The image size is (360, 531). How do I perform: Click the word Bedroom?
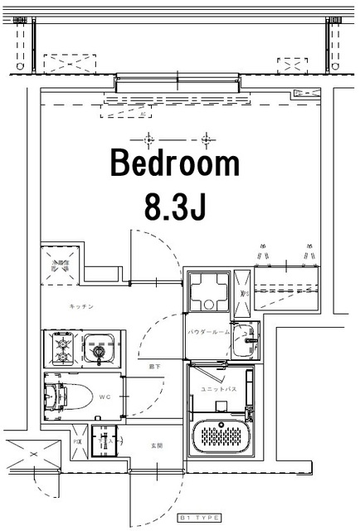click(x=175, y=163)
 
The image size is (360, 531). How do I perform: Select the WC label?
click(x=105, y=397)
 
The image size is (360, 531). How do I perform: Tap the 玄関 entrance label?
click(x=155, y=445)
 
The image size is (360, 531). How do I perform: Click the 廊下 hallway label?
click(x=154, y=366)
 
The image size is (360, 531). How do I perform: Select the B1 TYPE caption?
click(x=200, y=518)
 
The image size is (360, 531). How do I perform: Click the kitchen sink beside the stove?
click(x=100, y=348)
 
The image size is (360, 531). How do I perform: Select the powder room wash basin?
click(x=246, y=337)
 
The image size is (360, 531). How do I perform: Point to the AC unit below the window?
click(x=142, y=107)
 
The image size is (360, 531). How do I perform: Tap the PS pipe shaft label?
click(x=78, y=441)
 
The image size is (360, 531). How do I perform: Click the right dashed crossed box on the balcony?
click(x=292, y=63)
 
